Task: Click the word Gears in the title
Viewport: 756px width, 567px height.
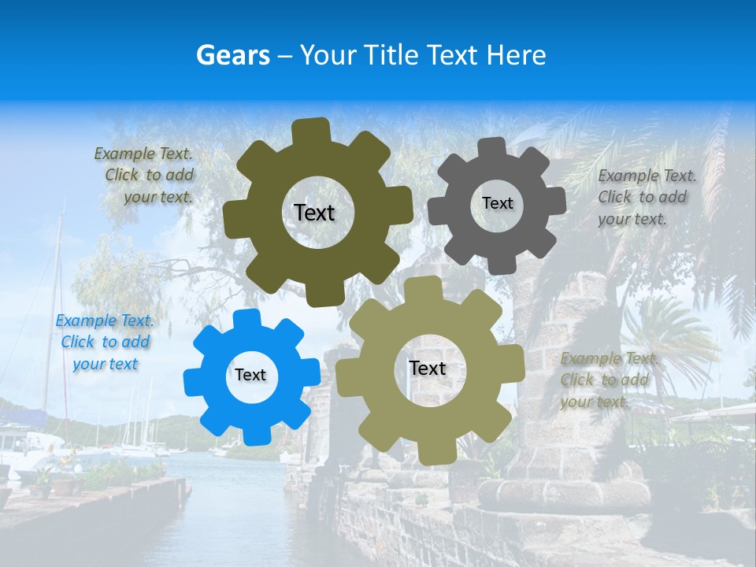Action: click(x=232, y=55)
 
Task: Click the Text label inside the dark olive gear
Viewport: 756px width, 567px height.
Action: click(x=314, y=213)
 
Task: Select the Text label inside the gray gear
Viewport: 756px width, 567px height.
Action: click(x=497, y=203)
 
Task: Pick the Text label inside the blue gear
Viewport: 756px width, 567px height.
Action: click(x=250, y=376)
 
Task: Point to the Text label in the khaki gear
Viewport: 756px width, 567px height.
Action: click(x=428, y=369)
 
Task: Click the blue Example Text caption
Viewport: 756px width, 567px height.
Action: click(x=105, y=342)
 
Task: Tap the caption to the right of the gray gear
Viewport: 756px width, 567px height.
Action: click(x=647, y=197)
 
